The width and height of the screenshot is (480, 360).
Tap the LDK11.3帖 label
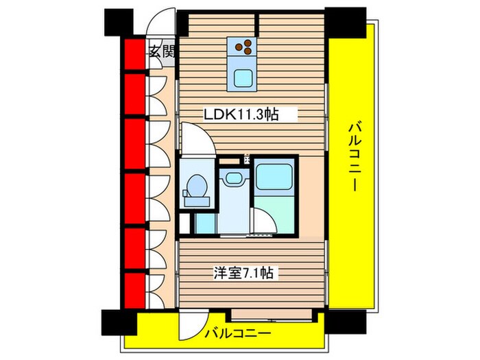point(240,114)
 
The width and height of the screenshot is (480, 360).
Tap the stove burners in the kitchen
point(244,47)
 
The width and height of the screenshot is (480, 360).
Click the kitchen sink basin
point(244,77)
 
